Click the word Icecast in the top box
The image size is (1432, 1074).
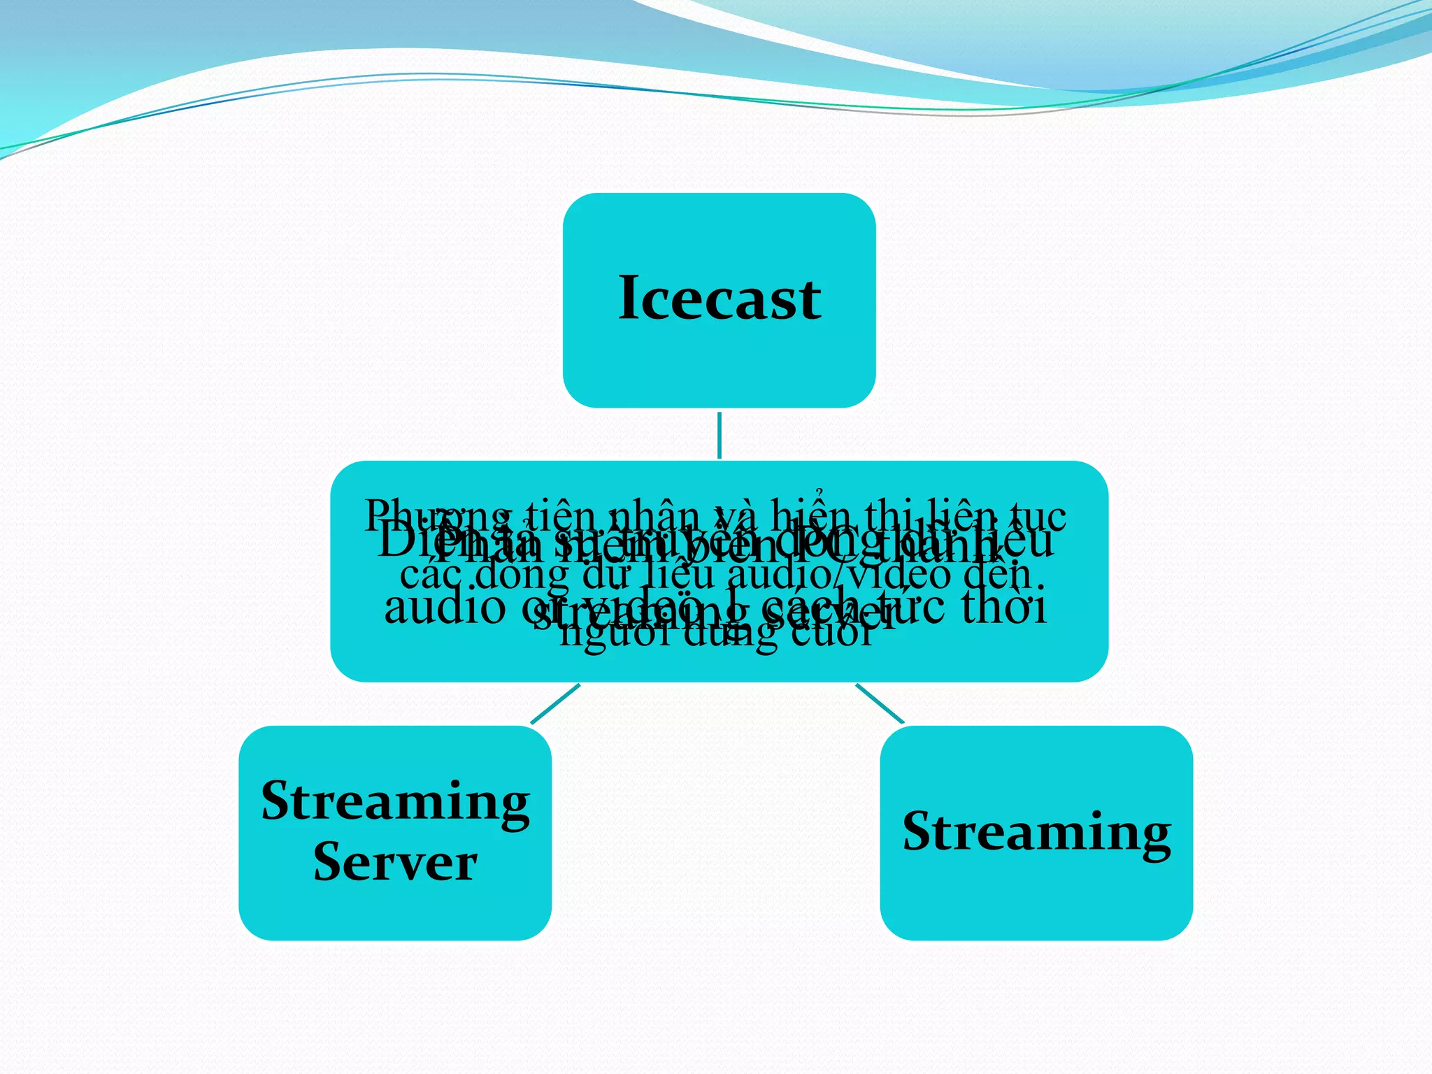(x=719, y=299)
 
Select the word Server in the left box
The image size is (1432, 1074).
(x=395, y=862)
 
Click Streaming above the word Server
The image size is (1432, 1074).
(x=395, y=803)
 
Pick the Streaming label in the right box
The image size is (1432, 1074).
(x=1036, y=833)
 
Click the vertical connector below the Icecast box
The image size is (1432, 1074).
(x=719, y=435)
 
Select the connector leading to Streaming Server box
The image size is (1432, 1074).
(x=555, y=703)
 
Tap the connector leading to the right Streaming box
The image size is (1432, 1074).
(x=880, y=703)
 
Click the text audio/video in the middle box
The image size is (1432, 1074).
(x=840, y=575)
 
